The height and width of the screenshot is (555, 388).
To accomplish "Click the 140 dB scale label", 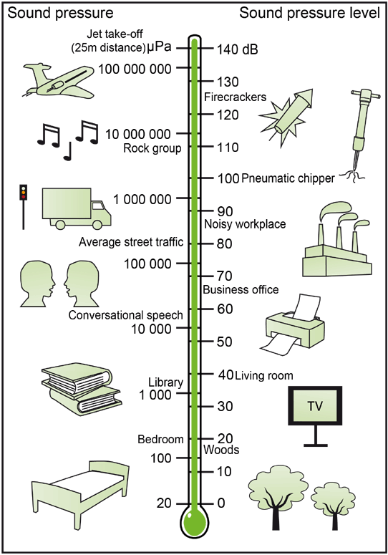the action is pos(237,49).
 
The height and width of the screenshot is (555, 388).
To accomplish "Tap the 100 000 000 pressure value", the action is pos(135,69).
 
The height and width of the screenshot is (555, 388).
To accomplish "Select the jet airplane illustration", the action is pos(59,81).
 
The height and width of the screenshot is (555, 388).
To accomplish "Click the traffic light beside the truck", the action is pos(24,207).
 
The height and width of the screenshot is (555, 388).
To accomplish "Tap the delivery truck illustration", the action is pos(77,208).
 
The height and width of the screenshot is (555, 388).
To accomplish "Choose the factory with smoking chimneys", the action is pos(336,239).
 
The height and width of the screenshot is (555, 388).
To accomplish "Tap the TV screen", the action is pos(315,405).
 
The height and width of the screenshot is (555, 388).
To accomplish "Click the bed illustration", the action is pos(81,494).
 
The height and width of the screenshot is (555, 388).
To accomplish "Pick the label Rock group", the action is pos(152,148).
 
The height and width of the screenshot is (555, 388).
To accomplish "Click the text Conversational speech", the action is pos(125,315).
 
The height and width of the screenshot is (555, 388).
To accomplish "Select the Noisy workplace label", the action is pos(245,224).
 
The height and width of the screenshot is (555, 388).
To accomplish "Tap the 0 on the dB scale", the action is pos(221,503).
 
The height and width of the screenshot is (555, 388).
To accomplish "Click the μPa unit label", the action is pos(159,47).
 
